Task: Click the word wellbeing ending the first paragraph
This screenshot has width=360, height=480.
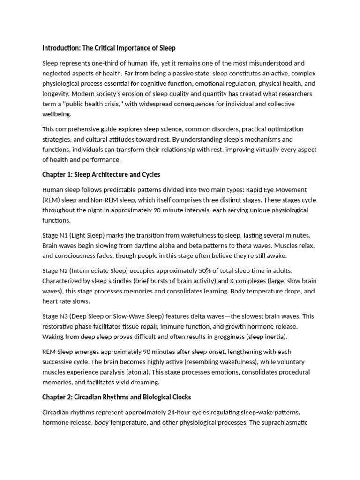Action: [57, 114]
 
